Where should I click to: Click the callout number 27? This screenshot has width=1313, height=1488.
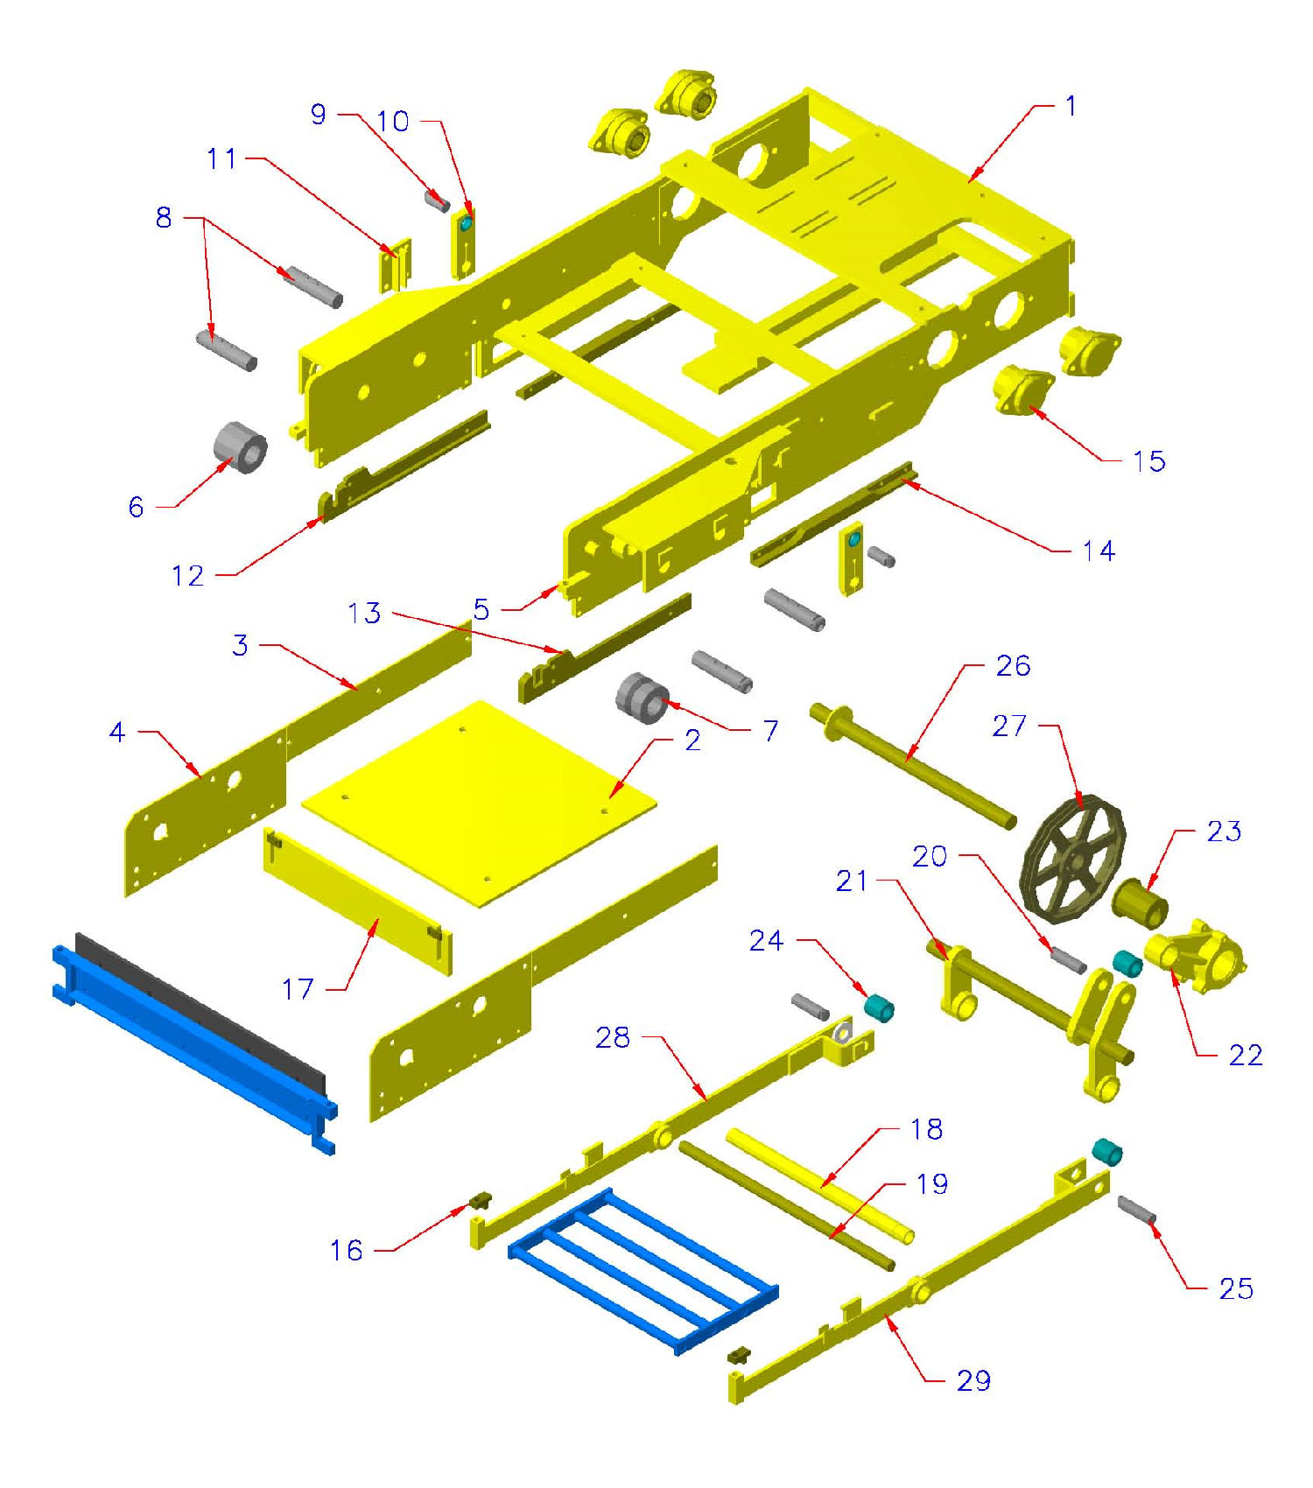[x=1008, y=726]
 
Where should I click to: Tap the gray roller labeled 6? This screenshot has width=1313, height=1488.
[x=240, y=447]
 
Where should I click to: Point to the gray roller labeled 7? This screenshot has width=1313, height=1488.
[x=642, y=698]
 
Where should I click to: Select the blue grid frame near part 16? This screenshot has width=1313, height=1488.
[x=643, y=1269]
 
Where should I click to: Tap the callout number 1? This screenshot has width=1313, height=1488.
[x=1071, y=106]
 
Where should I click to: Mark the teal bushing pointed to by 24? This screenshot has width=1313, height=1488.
[x=878, y=1008]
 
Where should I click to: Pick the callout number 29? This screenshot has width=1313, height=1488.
[x=973, y=1380]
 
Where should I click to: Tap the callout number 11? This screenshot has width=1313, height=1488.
[x=221, y=158]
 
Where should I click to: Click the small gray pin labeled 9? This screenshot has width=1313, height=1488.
[x=437, y=200]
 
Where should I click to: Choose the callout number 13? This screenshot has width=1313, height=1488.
[x=364, y=613]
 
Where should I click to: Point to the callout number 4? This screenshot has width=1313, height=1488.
[x=117, y=732]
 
